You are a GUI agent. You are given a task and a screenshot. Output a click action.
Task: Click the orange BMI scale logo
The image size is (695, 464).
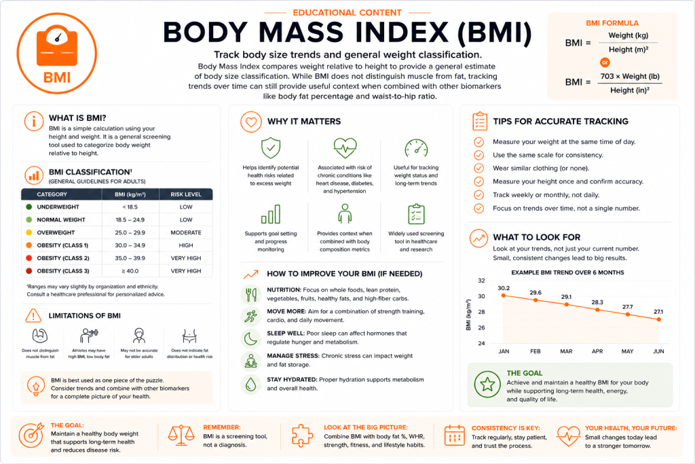[57, 53]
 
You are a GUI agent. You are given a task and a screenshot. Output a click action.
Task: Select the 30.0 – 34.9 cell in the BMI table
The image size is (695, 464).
[130, 245]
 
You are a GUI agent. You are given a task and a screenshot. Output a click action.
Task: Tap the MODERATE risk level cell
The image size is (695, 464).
[186, 232]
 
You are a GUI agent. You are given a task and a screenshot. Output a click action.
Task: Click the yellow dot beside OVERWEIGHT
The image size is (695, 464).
[29, 232]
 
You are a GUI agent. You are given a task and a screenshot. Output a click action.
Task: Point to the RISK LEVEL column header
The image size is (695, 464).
[186, 194]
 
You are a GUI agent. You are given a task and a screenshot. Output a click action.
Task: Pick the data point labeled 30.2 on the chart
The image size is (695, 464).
[504, 296]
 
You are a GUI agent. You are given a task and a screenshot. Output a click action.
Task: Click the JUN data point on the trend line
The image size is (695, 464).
[658, 319]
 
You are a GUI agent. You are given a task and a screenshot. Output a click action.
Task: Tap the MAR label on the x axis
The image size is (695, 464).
[566, 351]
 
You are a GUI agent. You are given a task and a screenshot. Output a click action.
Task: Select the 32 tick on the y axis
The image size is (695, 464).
[481, 281]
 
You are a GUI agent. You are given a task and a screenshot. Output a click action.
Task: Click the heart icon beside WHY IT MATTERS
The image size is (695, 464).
[251, 122]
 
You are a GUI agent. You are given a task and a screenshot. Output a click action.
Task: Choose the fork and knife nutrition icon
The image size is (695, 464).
[251, 294]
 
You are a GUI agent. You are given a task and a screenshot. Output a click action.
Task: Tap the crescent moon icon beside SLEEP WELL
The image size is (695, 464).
[251, 339]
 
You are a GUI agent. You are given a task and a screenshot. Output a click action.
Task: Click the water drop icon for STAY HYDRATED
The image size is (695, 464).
[251, 384]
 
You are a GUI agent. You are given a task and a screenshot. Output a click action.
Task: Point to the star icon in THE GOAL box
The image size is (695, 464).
[487, 384]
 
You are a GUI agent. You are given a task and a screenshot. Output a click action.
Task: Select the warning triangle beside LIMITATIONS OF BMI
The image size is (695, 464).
[33, 315]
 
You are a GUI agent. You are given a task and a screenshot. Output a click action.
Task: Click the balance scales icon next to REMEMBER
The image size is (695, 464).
[181, 435]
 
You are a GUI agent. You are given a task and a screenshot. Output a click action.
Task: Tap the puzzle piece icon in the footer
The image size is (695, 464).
[302, 435]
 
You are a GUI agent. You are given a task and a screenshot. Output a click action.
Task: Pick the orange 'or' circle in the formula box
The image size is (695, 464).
[605, 63]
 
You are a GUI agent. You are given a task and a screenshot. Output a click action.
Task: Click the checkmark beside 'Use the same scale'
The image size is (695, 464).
[478, 156]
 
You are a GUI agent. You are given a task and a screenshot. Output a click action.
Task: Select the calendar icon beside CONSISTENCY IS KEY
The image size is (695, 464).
[454, 435]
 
